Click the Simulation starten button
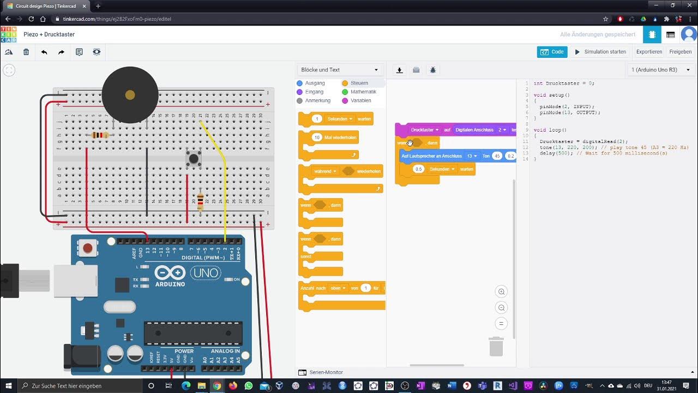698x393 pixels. pyautogui.click(x=600, y=52)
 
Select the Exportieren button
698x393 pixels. pyautogui.click(x=649, y=52)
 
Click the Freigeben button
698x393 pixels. pyautogui.click(x=680, y=52)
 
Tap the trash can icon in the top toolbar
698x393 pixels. pyautogui.click(x=26, y=52)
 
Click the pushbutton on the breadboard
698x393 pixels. pyautogui.click(x=194, y=159)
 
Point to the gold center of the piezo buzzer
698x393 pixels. pyautogui.click(x=130, y=95)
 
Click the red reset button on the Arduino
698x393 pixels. pyautogui.click(x=88, y=248)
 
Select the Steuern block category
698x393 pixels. pyautogui.click(x=359, y=83)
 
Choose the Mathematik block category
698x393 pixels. pyautogui.click(x=363, y=92)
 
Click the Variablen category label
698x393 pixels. pyautogui.click(x=360, y=100)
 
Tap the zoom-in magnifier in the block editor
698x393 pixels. pyautogui.click(x=501, y=291)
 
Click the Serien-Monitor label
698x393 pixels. pyautogui.click(x=326, y=372)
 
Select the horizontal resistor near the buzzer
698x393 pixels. pyautogui.click(x=99, y=135)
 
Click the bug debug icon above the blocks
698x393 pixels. pyautogui.click(x=433, y=70)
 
